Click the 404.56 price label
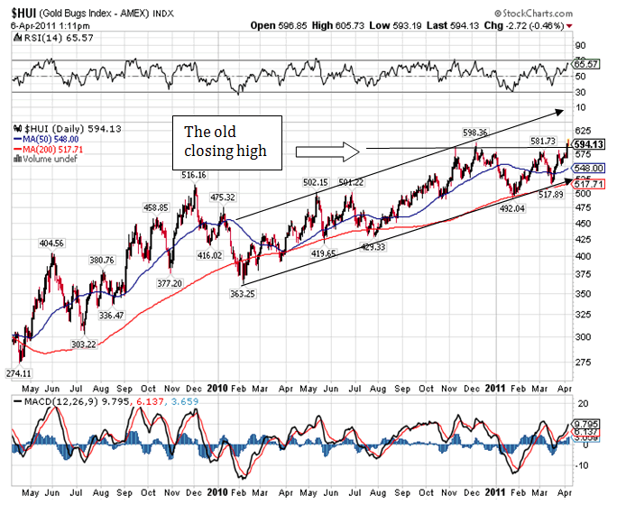coord(51,243)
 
